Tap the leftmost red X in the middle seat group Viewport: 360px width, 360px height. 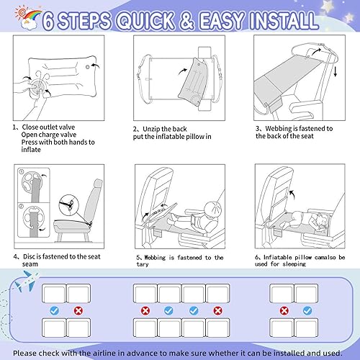click(x=145, y=312)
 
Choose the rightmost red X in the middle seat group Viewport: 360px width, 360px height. click(x=218, y=312)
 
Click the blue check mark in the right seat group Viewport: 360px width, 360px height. click(x=307, y=312)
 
